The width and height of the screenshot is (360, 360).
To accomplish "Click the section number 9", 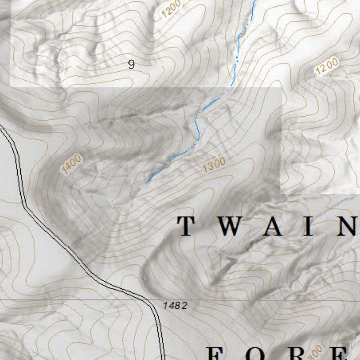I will coord(131,65).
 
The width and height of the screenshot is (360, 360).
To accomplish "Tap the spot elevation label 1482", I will coord(175,306).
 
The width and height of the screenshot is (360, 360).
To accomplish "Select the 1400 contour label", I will coord(71,165).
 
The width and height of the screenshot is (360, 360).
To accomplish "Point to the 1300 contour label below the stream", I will coord(214,165).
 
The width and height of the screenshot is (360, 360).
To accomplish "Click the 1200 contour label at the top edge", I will coord(172,8).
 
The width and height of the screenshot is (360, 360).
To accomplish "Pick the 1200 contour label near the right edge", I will coord(327,66).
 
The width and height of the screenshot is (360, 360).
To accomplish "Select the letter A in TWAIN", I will coord(273,226).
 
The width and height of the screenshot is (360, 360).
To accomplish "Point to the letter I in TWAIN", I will coord(309,226).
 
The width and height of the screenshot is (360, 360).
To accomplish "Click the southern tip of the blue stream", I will coord(146,182).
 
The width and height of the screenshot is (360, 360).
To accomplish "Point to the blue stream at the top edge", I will coord(254,2).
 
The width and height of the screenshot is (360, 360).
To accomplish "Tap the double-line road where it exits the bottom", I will coord(163,357).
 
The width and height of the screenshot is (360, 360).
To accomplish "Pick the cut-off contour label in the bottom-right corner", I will coord(316,352).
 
